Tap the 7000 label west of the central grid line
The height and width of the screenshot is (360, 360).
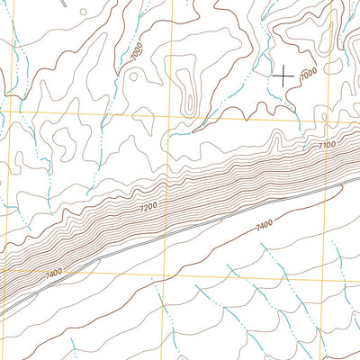tap(136, 52)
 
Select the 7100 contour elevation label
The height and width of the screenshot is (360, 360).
tap(326, 144)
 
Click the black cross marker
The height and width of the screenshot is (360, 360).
tap(283, 76)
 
